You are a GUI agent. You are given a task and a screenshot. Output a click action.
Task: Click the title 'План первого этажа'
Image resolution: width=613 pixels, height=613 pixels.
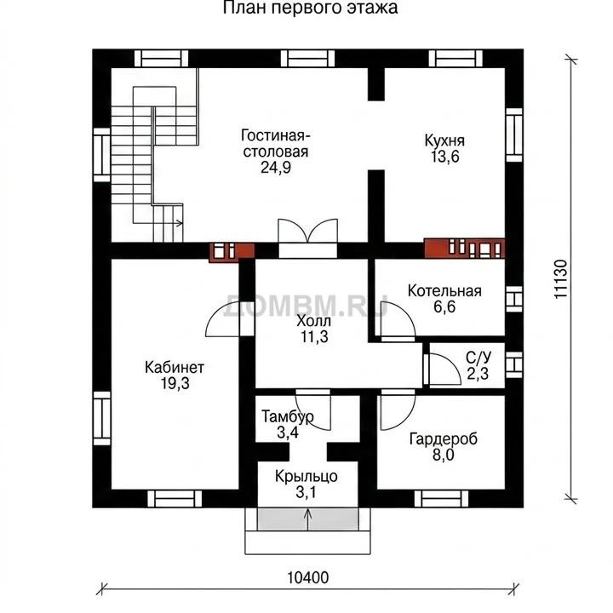point(311,8)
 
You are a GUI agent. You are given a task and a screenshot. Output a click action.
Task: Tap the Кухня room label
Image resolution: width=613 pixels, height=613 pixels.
point(444,140)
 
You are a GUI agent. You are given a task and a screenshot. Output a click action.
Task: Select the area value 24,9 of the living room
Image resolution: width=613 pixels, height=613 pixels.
point(276,168)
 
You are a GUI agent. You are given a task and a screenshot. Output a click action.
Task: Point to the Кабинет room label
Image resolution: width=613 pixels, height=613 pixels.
point(175,368)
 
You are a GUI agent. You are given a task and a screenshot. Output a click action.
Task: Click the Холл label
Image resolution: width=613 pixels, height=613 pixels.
point(314,321)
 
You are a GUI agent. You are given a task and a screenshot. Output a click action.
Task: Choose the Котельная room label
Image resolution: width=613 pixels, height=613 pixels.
point(444,291)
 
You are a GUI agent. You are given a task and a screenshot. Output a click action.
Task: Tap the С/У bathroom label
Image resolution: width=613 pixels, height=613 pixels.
point(478,357)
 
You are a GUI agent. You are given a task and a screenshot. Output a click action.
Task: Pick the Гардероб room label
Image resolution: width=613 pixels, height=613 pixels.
point(444,439)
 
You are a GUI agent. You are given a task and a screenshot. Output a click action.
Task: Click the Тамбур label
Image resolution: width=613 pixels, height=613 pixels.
point(288,416)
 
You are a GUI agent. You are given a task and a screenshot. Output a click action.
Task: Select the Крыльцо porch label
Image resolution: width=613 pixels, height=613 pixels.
point(306,477)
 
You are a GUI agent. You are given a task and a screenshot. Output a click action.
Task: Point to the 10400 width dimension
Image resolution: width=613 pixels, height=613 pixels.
point(308,577)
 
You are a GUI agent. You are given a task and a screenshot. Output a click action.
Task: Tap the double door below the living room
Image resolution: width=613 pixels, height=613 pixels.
point(307,238)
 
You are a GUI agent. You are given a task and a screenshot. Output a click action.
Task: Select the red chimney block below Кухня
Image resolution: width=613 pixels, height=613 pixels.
point(465,248)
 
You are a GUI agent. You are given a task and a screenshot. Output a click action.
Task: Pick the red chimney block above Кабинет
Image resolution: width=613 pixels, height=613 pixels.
point(232,252)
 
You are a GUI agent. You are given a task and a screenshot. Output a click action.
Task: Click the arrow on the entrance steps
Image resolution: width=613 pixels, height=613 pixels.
point(308,519)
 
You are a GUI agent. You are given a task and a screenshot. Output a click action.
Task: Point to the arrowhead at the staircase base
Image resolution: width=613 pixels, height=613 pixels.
point(180,223)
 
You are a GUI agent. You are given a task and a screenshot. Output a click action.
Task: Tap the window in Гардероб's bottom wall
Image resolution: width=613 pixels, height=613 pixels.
point(441,499)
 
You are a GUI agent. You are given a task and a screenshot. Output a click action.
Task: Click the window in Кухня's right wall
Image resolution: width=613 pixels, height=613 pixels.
point(514,135)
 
